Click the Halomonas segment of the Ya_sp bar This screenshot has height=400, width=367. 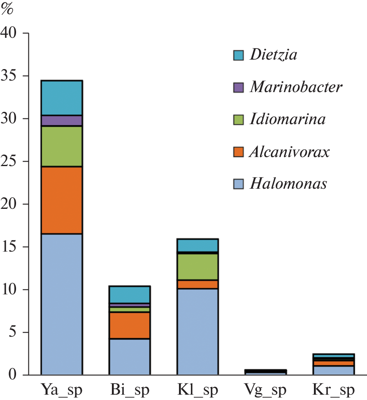click(62, 304)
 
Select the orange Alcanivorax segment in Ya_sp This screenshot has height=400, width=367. click(62, 200)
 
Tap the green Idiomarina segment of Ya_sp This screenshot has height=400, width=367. click(62, 146)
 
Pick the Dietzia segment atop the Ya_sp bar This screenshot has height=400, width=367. click(62, 98)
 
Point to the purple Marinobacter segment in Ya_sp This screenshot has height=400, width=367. click(62, 120)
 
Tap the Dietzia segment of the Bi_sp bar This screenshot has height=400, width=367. click(130, 294)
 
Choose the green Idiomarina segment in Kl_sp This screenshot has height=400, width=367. click(197, 267)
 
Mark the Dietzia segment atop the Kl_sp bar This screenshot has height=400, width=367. click(197, 245)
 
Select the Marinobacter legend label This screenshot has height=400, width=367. click(295, 87)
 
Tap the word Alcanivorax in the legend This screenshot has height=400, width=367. click(289, 152)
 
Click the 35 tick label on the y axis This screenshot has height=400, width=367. click(10, 76)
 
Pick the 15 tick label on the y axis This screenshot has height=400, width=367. click(10, 247)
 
